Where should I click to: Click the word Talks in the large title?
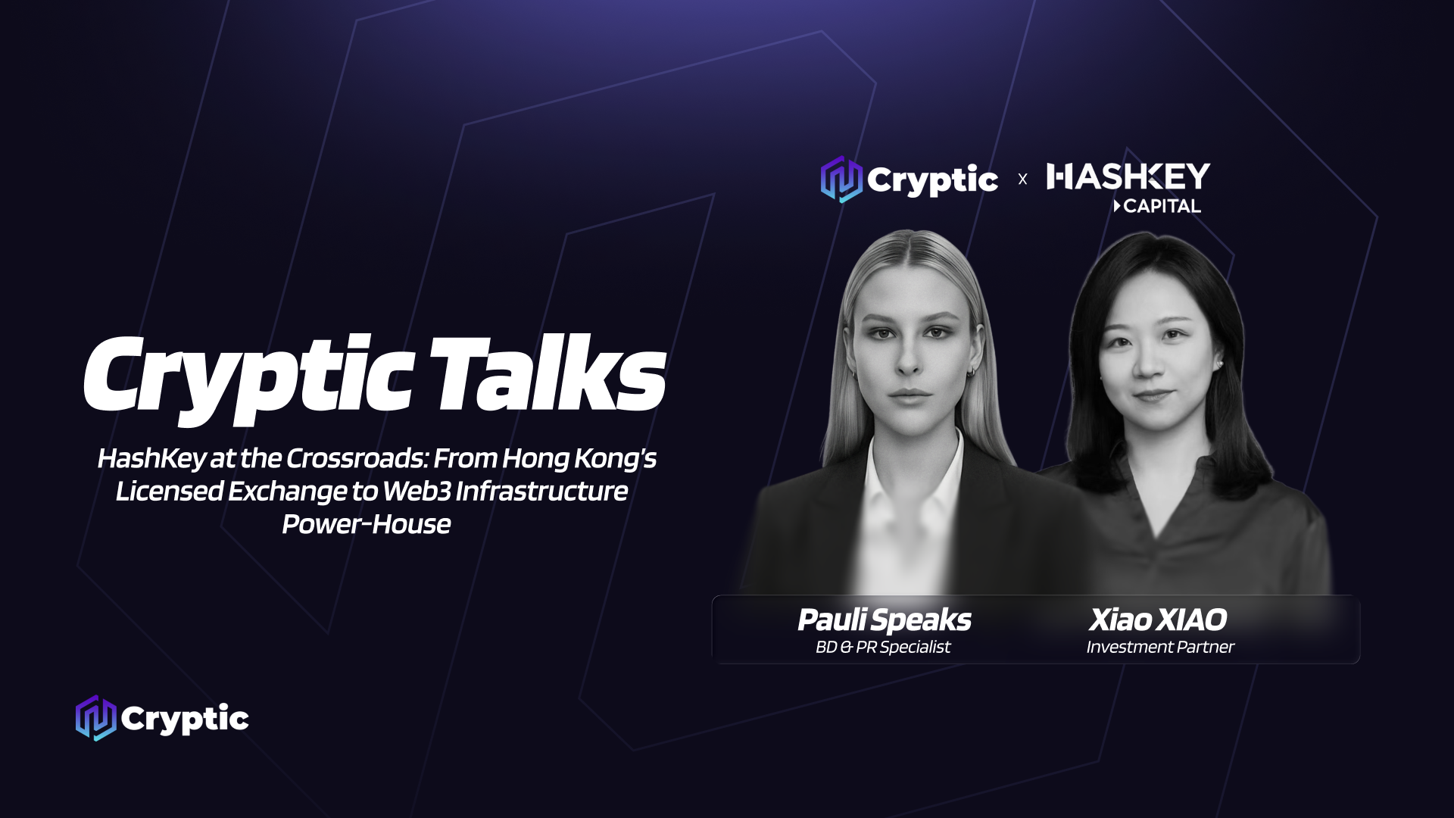pyautogui.click(x=548, y=374)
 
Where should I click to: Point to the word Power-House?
pyautogui.click(x=367, y=524)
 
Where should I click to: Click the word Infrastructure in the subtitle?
pyautogui.click(x=541, y=491)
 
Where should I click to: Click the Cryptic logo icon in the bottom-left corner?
pyautogui.click(x=96, y=718)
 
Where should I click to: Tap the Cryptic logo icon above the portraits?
pyautogui.click(x=841, y=180)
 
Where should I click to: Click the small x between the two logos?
pyautogui.click(x=1022, y=180)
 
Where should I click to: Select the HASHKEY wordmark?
pyautogui.click(x=1128, y=176)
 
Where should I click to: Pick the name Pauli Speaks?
pyautogui.click(x=884, y=620)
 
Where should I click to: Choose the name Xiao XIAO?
pyautogui.click(x=1158, y=620)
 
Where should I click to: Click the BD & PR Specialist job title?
pyautogui.click(x=883, y=647)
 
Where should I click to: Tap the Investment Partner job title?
pyautogui.click(x=1160, y=647)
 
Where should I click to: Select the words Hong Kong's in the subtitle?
pyautogui.click(x=579, y=458)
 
